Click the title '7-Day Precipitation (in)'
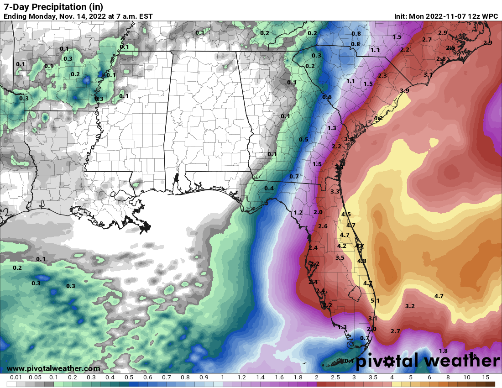[x=53, y=6]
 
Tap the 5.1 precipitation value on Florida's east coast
[x=375, y=300]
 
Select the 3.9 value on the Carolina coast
[x=404, y=91]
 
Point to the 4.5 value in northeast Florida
[x=346, y=214]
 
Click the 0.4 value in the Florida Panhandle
[x=269, y=188]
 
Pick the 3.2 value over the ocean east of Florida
[x=410, y=306]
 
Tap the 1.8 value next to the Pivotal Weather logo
[x=443, y=351]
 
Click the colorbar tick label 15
[x=486, y=378]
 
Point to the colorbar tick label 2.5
[x=335, y=378]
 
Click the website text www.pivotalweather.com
[x=53, y=368]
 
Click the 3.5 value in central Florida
[x=340, y=258]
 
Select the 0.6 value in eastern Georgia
[x=327, y=97]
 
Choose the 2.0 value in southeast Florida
[x=371, y=329]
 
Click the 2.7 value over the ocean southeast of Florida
[x=396, y=331]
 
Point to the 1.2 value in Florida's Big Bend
[x=298, y=213]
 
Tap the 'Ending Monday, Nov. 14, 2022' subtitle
[x=78, y=16]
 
